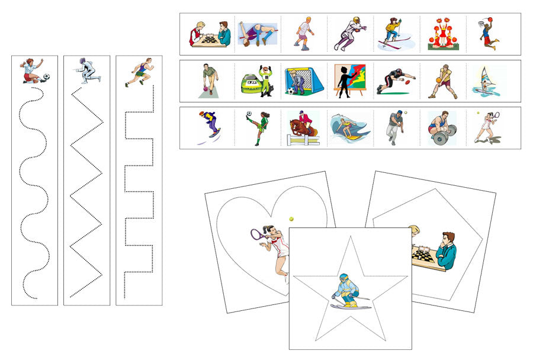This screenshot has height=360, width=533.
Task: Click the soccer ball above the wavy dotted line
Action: tap(47, 76)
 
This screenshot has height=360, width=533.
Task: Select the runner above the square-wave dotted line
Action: tap(139, 72)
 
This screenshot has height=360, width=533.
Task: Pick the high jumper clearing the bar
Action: tap(257, 33)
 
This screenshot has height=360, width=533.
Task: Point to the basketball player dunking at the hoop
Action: tap(489, 33)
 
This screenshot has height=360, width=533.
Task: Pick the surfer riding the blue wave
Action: tap(351, 128)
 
